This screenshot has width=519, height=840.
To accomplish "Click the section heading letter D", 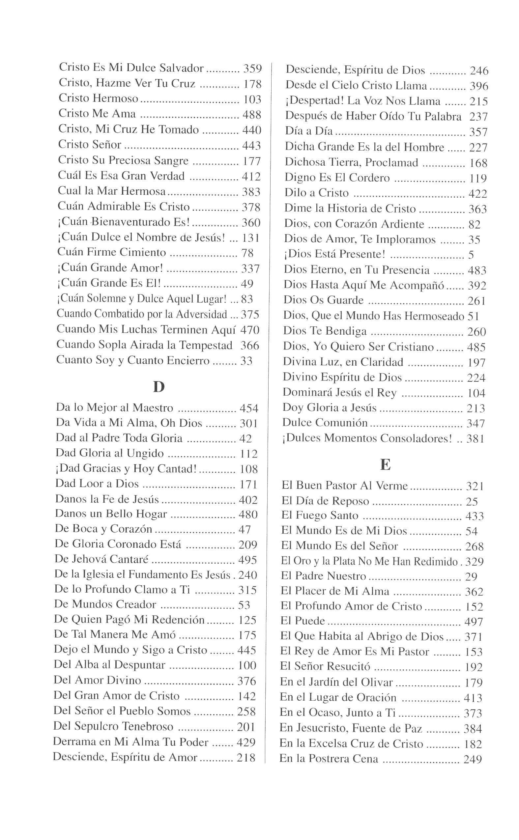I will point(159,387).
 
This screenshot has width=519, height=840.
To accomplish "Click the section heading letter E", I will point(385,464).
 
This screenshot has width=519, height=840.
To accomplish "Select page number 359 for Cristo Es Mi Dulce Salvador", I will point(252,69).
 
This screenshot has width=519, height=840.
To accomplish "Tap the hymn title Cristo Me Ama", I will point(97,114).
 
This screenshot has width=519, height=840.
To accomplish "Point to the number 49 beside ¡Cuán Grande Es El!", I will point(247,284).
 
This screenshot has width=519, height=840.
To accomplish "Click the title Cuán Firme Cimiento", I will point(112,253).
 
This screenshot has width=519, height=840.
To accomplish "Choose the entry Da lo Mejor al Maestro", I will point(114,408).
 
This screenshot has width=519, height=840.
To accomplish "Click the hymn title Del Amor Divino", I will point(98,680).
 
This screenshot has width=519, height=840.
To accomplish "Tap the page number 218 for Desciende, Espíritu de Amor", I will point(246,758).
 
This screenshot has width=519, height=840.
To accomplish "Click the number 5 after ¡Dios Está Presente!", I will point(471,255).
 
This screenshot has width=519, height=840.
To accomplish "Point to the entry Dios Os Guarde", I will point(323,300).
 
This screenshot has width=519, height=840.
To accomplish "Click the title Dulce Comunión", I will point(325,423).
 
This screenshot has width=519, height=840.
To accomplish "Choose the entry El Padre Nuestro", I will point(323,576).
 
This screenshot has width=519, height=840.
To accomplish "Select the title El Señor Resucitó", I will point(325,666).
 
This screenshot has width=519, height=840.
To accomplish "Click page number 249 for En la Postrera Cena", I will point(473,759).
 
